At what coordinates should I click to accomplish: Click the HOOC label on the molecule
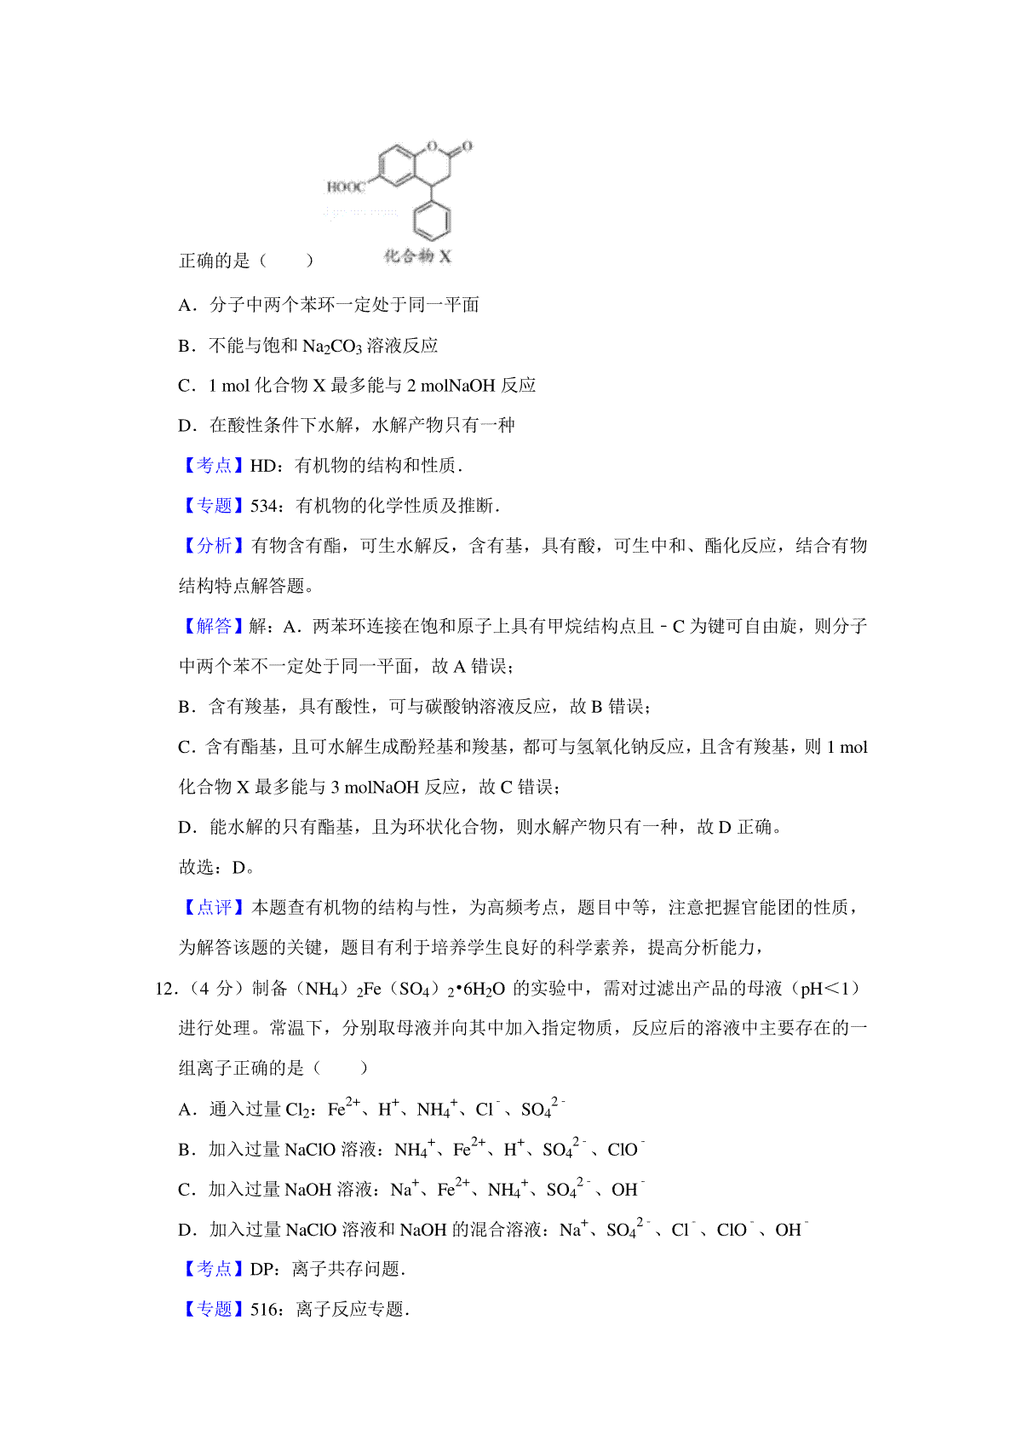(345, 186)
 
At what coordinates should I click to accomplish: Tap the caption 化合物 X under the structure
(416, 255)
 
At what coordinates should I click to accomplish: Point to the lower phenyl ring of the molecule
(432, 221)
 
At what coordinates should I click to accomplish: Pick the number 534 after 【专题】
(264, 506)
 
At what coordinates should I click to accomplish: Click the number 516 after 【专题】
(264, 1310)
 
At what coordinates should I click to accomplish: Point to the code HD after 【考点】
(262, 466)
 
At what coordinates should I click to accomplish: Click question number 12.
(165, 989)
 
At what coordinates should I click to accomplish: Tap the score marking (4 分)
(212, 989)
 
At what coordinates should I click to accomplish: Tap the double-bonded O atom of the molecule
(467, 146)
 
